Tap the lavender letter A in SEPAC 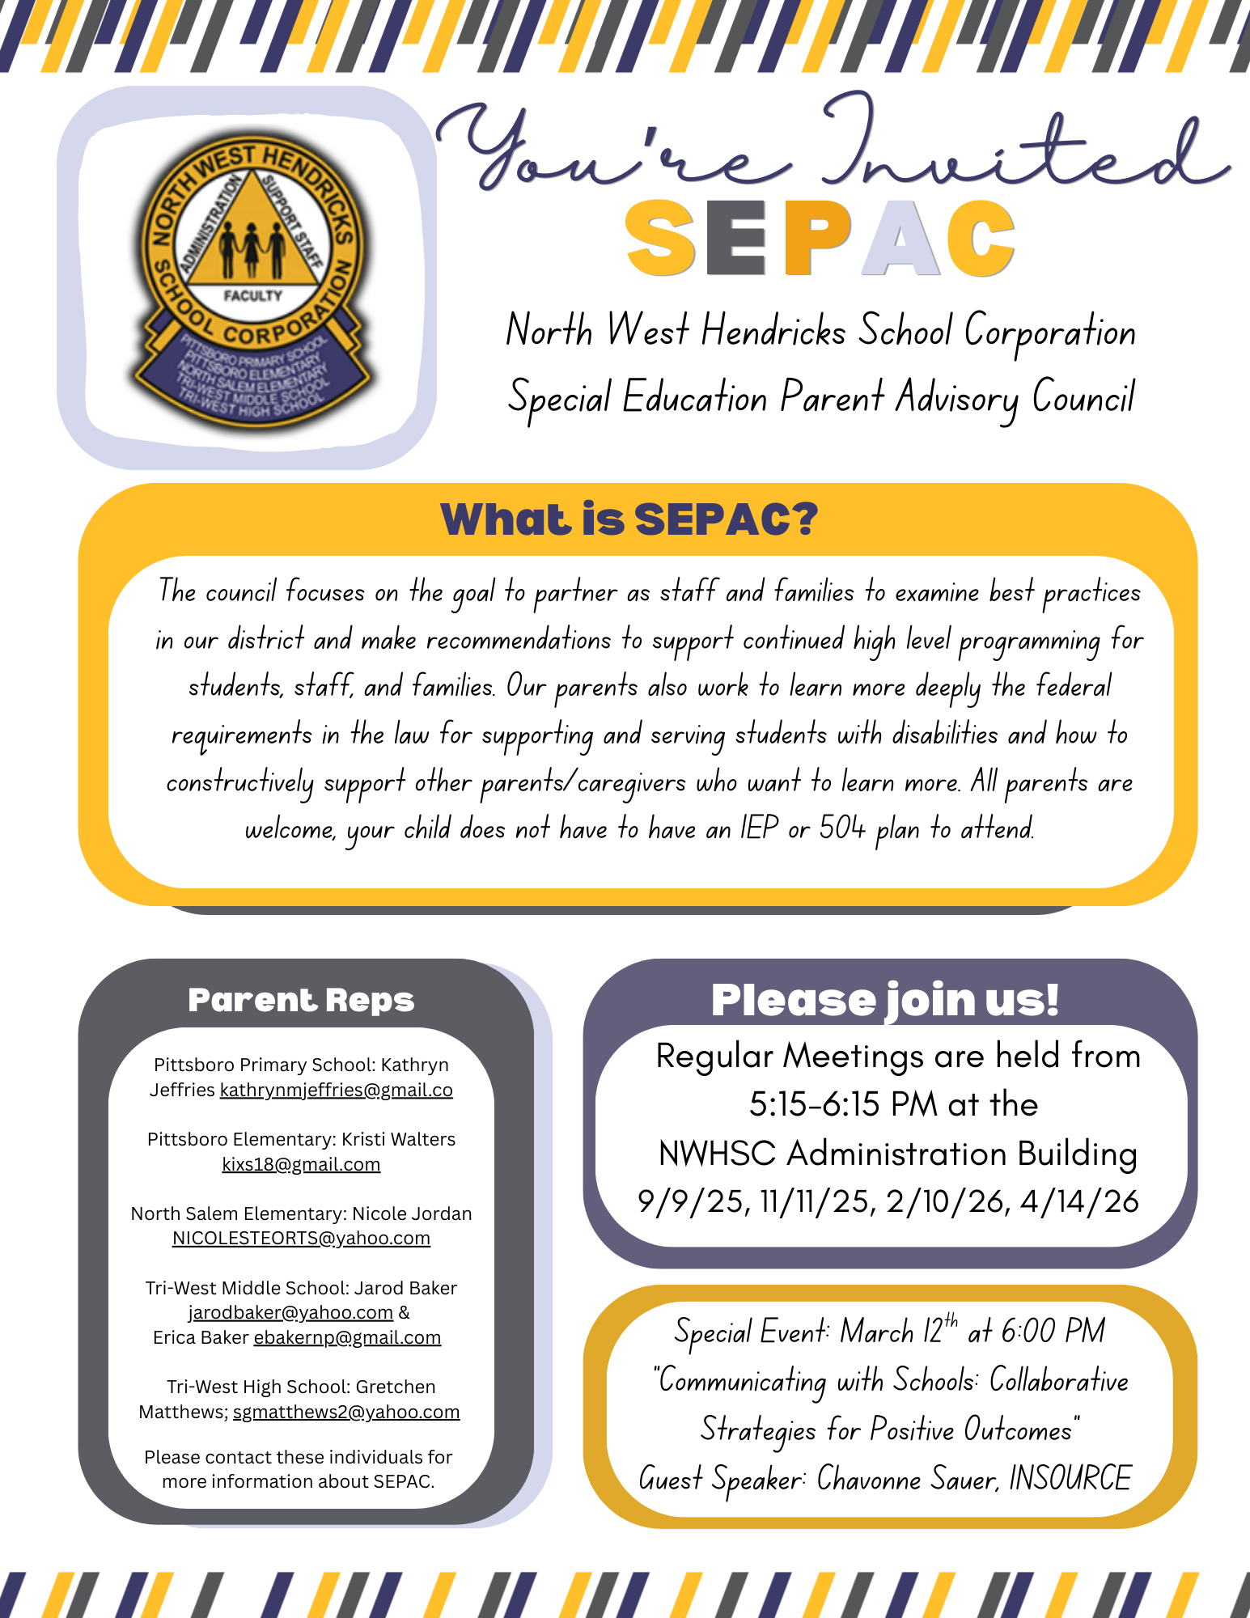(x=900, y=238)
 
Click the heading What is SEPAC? (x=629, y=519)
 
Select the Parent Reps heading (x=301, y=1001)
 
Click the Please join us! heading (x=885, y=1000)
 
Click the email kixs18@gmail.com (x=301, y=1164)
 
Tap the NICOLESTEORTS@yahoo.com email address (x=301, y=1239)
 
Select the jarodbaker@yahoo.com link (x=290, y=1312)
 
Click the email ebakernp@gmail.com (x=347, y=1338)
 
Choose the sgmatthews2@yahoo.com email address (x=346, y=1413)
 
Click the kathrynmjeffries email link (x=336, y=1091)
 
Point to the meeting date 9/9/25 (x=689, y=1202)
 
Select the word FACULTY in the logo (x=252, y=296)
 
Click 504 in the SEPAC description (x=841, y=828)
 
